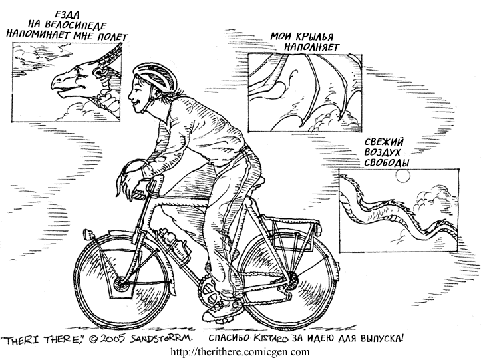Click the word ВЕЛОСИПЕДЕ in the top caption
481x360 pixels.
coord(75,25)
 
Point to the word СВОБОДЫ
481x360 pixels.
coord(387,162)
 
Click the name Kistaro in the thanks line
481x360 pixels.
coord(271,338)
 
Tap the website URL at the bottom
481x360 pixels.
coord(240,352)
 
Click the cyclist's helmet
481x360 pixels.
coord(156,75)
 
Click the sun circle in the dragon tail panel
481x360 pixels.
coord(402,176)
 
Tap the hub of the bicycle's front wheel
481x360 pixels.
coord(120,285)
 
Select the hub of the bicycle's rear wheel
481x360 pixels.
coord(292,280)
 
